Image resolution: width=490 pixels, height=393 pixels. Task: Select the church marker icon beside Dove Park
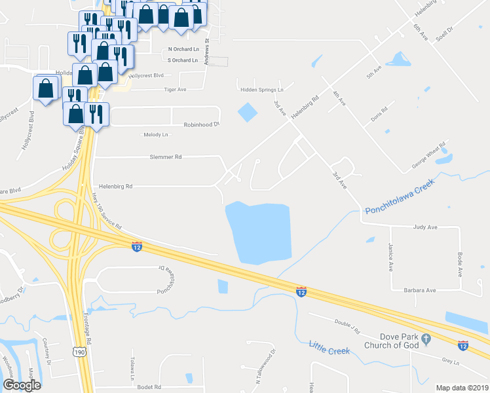point(427,339)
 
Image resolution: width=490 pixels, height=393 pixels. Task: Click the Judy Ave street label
point(425,227)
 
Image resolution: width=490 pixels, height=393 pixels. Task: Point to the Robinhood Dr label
point(201,124)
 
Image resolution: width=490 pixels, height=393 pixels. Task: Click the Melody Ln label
point(156,134)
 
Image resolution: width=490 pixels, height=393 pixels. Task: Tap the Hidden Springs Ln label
point(261,90)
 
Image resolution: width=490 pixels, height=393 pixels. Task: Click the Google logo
point(22,384)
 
